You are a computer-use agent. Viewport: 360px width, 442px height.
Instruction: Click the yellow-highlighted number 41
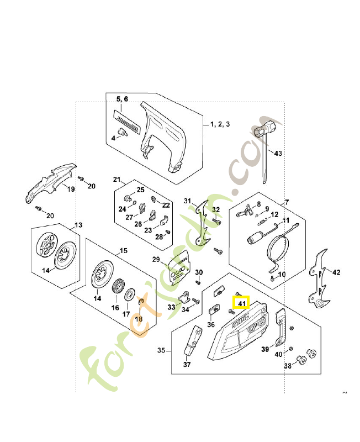242,303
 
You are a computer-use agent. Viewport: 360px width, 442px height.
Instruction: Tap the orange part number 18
139,319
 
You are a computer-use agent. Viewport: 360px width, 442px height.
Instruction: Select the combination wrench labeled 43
264,138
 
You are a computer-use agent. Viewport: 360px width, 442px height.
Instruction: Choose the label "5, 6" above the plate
121,99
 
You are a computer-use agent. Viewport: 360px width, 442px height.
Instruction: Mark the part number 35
162,350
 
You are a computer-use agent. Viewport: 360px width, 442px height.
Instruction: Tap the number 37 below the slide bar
187,364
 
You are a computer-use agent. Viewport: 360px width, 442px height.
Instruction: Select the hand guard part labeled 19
50,182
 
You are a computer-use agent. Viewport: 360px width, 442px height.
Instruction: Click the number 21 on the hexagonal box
117,180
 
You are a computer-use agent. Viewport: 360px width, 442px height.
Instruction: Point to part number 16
115,307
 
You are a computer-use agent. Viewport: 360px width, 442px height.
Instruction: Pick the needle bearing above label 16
118,287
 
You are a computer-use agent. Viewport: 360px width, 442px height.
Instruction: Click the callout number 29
156,260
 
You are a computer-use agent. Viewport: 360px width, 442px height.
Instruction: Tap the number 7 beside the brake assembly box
287,202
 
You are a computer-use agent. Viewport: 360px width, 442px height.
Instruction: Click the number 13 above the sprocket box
78,225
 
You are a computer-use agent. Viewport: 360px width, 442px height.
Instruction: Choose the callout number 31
187,201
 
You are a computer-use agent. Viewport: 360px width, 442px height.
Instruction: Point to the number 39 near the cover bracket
265,349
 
